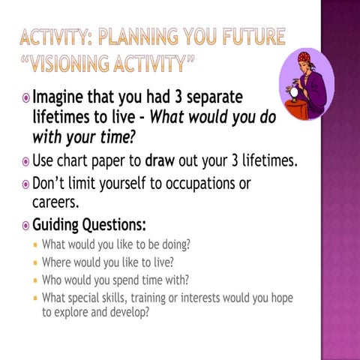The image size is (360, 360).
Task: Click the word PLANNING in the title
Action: [x=139, y=37]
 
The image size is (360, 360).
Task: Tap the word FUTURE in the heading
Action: [x=254, y=37]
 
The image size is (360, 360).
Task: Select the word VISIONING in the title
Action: [x=70, y=63]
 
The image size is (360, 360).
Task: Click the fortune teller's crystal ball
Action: [x=294, y=92]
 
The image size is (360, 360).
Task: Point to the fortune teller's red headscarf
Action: [x=304, y=58]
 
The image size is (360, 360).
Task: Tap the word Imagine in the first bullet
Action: [x=58, y=97]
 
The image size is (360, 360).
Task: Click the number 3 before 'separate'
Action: [x=178, y=97]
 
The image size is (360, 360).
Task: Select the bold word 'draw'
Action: [x=160, y=160]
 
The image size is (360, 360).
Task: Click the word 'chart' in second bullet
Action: [x=72, y=160]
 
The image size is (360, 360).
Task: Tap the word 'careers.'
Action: [x=55, y=202]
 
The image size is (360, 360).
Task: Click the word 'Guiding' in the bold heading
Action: [x=55, y=225]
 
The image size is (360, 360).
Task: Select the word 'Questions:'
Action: [x=114, y=225]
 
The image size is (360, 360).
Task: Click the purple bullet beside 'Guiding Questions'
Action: [x=25, y=226]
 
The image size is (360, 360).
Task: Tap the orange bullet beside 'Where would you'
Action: [x=35, y=263]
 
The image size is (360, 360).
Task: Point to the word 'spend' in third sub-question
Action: [x=126, y=280]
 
